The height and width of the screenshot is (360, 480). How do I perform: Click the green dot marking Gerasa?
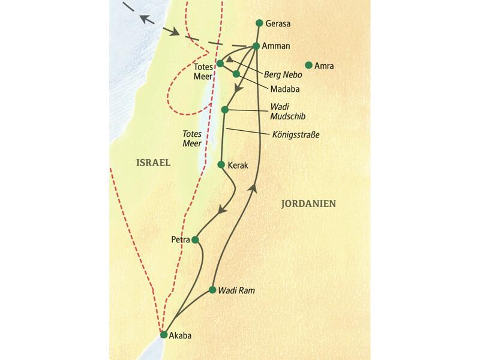pyautogui.click(x=259, y=23)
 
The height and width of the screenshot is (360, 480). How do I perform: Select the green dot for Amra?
pyautogui.click(x=309, y=65)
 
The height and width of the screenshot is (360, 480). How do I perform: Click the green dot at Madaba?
pyautogui.click(x=236, y=74)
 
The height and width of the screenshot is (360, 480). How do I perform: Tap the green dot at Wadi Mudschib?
pyautogui.click(x=225, y=110)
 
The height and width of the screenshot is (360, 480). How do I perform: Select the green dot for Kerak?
pyautogui.click(x=221, y=164)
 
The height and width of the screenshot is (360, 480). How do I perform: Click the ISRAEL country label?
pyautogui.click(x=154, y=163)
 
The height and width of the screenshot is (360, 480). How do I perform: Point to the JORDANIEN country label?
pyautogui.click(x=308, y=204)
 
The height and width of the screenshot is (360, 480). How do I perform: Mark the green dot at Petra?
pyautogui.click(x=194, y=240)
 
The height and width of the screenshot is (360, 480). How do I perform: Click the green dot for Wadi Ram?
pyautogui.click(x=212, y=290)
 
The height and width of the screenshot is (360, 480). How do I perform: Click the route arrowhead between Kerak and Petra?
pyautogui.click(x=223, y=211)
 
